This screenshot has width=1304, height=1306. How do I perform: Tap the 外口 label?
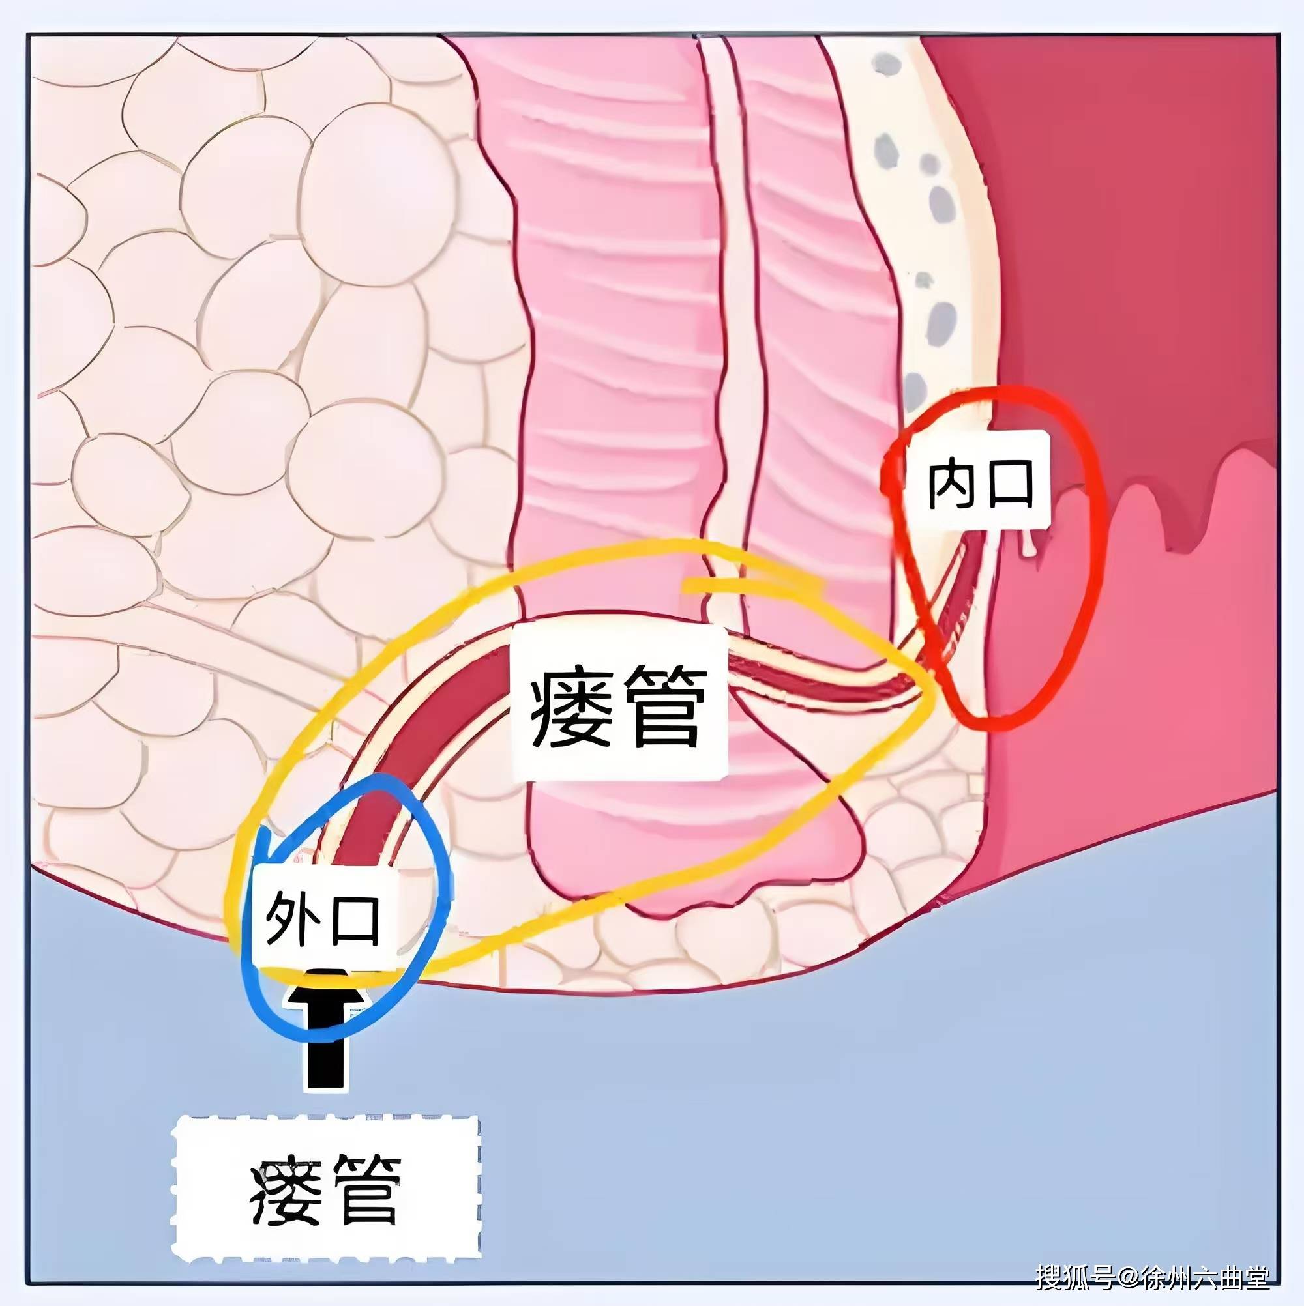(323, 919)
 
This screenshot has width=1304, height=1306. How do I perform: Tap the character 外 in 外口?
(292, 919)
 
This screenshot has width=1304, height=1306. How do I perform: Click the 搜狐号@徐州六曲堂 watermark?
(1153, 1275)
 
